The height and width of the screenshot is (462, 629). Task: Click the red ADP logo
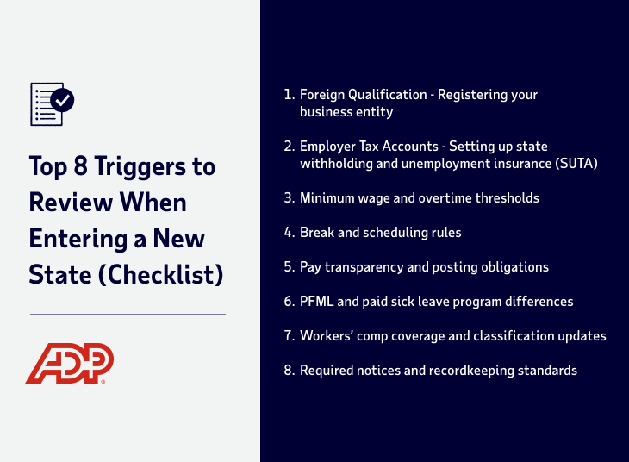click(69, 364)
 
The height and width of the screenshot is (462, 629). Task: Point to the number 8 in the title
click(77, 165)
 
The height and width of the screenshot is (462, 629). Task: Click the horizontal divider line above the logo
click(128, 315)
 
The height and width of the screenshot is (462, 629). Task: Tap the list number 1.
click(288, 95)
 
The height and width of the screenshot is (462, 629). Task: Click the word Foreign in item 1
click(323, 95)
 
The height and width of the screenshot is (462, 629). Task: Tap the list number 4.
click(288, 233)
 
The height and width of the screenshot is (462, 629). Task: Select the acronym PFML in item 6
click(317, 302)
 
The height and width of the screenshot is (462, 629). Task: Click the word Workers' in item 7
click(325, 336)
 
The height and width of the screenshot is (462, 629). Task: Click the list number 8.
click(288, 371)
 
